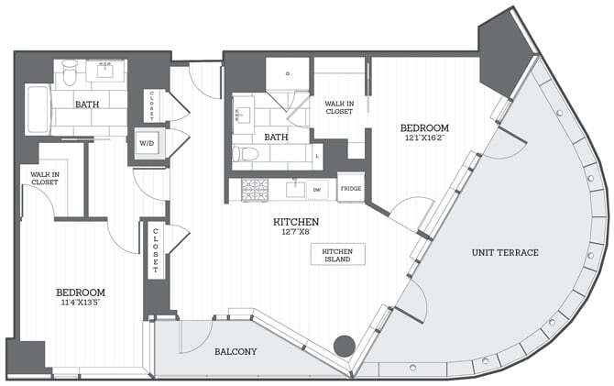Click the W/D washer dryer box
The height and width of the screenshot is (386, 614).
147,143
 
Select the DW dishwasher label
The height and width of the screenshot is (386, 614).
318,191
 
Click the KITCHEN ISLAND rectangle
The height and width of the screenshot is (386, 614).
337,254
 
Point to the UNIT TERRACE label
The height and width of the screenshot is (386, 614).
505,252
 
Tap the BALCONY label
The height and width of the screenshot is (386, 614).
236,351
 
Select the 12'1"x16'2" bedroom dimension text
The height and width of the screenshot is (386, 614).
424,138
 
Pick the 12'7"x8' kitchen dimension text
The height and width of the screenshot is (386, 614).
295,233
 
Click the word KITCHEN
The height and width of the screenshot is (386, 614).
295,222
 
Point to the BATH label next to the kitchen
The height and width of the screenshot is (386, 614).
276,138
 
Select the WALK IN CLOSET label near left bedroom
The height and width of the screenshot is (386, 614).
44,177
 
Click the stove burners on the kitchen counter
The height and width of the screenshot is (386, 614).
254,190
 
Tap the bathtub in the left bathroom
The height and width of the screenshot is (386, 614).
37,110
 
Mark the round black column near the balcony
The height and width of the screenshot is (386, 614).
343,346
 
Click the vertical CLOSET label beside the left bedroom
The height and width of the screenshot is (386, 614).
156,250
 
